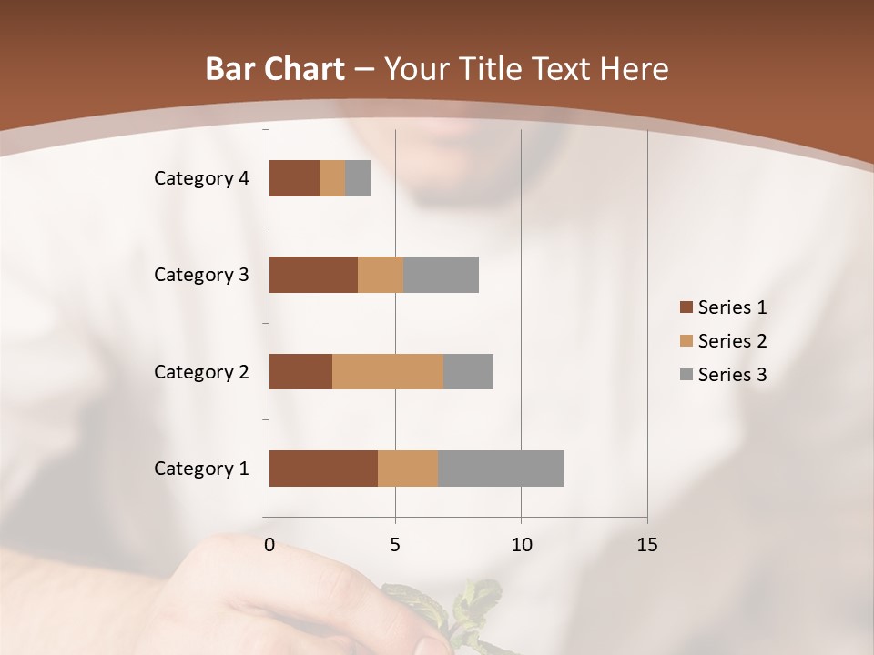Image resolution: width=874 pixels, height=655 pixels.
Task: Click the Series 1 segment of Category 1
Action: [323, 469]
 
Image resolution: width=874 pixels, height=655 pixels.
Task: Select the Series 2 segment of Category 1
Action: [408, 469]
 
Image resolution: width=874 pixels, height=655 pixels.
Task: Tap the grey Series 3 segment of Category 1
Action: [501, 469]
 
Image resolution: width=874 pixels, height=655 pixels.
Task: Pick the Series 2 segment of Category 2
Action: [388, 371]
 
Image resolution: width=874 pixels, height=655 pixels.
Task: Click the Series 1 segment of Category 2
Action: [300, 371]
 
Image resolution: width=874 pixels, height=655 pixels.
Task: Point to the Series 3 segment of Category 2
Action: [468, 371]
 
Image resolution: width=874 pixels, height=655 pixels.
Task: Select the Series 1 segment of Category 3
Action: [313, 275]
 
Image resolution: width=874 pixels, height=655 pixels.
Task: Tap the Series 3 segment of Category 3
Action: [441, 275]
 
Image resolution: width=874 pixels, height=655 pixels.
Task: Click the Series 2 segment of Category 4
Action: [332, 178]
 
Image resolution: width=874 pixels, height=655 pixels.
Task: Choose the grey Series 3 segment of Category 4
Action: [358, 178]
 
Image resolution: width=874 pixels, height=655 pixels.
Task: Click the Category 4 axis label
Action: [201, 178]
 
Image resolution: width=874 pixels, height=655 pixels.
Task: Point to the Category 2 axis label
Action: [201, 371]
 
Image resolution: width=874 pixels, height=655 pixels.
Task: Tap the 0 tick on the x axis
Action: [269, 545]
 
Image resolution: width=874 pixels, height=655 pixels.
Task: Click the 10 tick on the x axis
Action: [521, 545]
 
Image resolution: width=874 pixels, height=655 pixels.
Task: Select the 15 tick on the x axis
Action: [646, 545]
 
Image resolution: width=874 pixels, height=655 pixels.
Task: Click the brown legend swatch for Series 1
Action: [686, 307]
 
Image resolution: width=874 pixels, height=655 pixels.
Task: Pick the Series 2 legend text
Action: [732, 341]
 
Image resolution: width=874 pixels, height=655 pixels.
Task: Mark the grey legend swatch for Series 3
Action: [686, 375]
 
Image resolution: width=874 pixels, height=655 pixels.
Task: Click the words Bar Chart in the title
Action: [275, 69]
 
